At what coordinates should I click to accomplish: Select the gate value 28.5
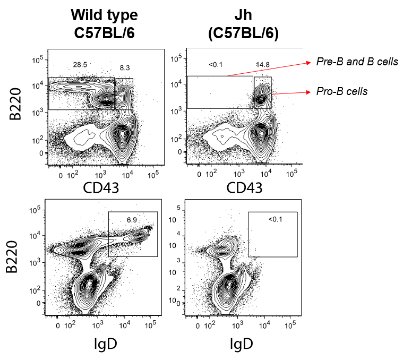coord(80,65)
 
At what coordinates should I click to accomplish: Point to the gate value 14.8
coord(262,65)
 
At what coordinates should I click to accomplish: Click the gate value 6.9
coord(132,219)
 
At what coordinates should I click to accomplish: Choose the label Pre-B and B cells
coord(356,62)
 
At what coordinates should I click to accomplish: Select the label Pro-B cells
coord(341,91)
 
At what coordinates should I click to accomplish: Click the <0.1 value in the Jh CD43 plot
coord(216,65)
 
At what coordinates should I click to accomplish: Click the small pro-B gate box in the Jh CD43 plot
coord(263,93)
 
